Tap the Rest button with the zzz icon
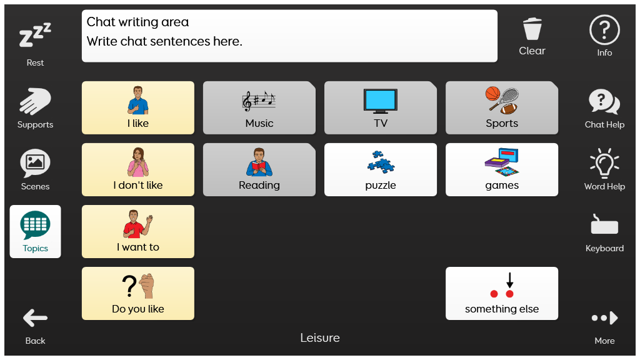(35, 44)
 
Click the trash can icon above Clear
(532, 29)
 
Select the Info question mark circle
(604, 30)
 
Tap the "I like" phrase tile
(138, 107)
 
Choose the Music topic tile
(259, 107)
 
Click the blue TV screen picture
(381, 101)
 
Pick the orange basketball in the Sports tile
(492, 94)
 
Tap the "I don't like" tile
(138, 170)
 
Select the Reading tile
(259, 170)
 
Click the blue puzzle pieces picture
(381, 162)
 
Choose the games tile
(502, 170)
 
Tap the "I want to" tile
(138, 231)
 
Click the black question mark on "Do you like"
(129, 286)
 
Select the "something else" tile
(502, 294)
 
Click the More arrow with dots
(604, 318)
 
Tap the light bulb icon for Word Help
(604, 163)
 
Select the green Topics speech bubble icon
(35, 225)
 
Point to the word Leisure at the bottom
(320, 338)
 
